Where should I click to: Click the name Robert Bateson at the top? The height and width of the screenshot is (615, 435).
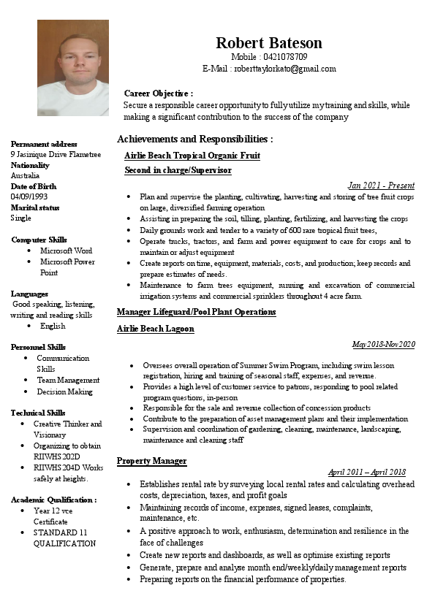268,43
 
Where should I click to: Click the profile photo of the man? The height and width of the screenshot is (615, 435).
73,67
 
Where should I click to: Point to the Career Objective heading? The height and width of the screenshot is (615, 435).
158,93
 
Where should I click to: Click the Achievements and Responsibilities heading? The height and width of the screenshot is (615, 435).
194,139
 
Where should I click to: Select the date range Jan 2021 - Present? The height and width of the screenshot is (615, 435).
380,186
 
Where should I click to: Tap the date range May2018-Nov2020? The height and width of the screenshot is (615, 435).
383,344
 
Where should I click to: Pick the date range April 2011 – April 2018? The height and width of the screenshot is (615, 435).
366,473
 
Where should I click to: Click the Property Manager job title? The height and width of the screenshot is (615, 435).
151,461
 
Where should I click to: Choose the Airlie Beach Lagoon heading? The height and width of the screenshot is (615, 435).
155,329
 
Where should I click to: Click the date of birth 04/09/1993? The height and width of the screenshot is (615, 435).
29,196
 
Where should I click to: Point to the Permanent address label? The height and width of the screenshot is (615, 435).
44,144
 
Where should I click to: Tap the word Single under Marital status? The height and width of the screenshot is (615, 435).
21,218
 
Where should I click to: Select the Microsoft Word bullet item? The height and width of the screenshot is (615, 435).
66,251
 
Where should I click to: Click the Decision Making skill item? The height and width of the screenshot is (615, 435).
64,391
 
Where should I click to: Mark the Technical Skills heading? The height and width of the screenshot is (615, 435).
38,413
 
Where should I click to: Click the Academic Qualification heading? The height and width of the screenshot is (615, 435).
53,500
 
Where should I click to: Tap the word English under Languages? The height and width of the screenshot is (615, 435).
53,326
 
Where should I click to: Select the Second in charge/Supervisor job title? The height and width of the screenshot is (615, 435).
178,170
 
